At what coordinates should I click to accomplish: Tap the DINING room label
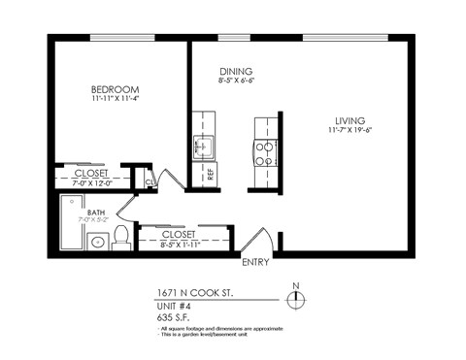(x=236, y=72)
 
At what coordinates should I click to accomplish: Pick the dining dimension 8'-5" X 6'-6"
(x=236, y=82)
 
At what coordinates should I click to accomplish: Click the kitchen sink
(x=203, y=147)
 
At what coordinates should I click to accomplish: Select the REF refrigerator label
(x=210, y=175)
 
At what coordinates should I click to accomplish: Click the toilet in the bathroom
(x=121, y=236)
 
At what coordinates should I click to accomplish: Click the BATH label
(x=96, y=212)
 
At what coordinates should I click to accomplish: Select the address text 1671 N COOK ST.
(x=194, y=291)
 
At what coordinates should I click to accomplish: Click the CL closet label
(x=150, y=181)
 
